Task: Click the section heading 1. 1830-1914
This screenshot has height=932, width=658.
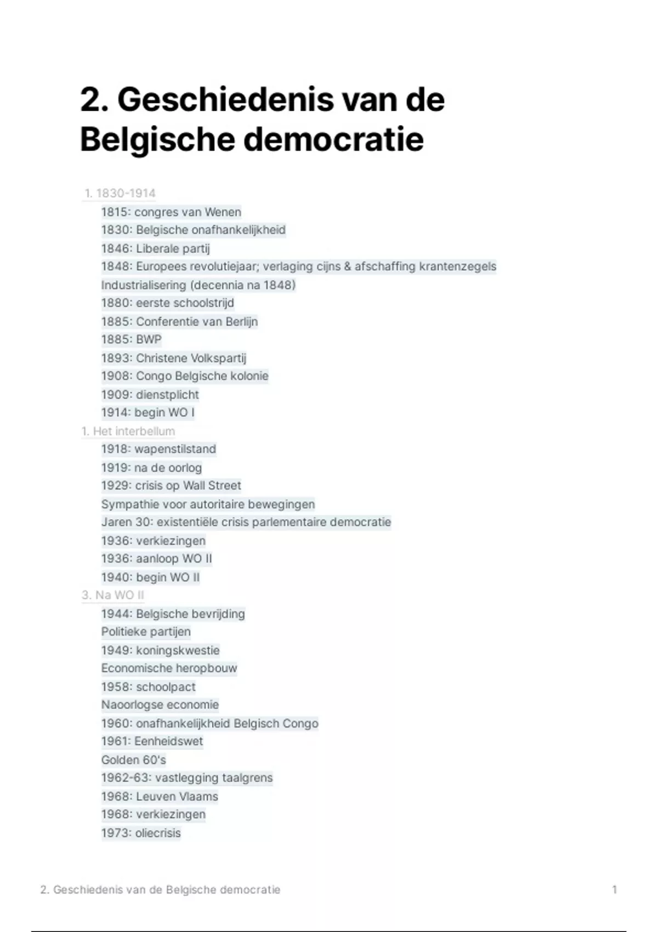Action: (x=120, y=194)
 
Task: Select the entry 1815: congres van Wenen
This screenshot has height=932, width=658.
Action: (x=171, y=212)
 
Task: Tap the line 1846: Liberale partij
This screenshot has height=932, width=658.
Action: (x=155, y=249)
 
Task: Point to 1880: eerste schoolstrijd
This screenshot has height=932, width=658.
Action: (x=167, y=303)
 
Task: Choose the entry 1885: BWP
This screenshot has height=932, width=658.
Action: (x=131, y=339)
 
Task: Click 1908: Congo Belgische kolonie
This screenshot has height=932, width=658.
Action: (x=185, y=376)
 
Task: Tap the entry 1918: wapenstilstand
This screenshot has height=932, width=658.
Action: (x=158, y=449)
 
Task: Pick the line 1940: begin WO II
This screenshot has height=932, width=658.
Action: (x=150, y=577)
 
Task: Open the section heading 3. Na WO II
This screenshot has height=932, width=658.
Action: (x=113, y=595)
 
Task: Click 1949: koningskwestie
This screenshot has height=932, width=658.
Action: (x=160, y=651)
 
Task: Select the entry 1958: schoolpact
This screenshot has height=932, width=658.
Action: (x=148, y=687)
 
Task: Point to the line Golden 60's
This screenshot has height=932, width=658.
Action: (x=133, y=760)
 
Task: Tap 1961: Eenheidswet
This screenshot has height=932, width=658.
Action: (x=152, y=742)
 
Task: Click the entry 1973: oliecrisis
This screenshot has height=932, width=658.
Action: (x=141, y=833)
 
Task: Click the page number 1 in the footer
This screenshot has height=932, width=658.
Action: (x=615, y=890)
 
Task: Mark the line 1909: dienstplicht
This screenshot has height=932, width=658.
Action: (x=150, y=395)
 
